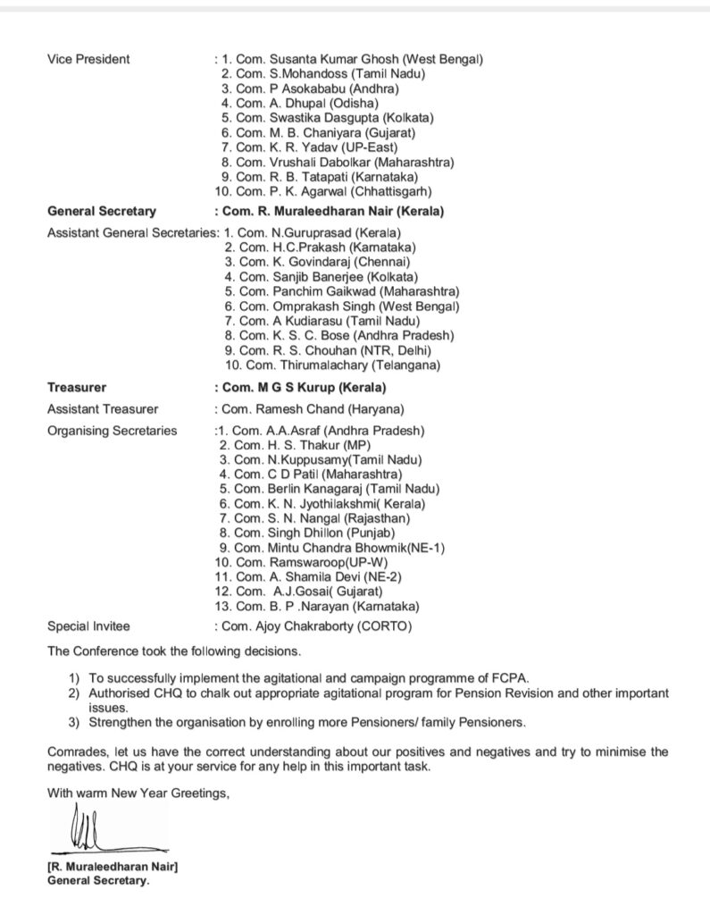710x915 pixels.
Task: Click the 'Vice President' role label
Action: tap(88, 59)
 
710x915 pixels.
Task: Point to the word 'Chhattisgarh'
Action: tap(396, 190)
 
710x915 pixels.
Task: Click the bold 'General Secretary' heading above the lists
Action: tap(101, 212)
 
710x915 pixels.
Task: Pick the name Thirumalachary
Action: tap(318, 365)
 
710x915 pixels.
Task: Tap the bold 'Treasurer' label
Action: tap(76, 388)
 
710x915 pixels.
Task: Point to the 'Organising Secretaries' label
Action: tap(113, 431)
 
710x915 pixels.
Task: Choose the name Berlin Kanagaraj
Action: tap(312, 489)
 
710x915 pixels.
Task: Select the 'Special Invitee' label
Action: tap(89, 626)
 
